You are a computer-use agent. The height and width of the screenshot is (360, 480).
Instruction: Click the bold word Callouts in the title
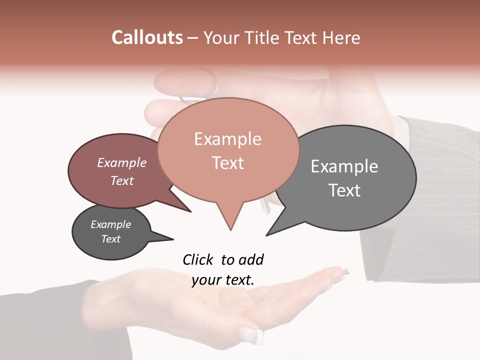(147, 37)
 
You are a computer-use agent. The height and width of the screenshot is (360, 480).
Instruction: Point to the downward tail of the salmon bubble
(229, 220)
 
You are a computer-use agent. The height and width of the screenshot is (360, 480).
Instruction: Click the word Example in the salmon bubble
(227, 139)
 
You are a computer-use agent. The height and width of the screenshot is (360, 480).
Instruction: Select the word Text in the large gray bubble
(344, 190)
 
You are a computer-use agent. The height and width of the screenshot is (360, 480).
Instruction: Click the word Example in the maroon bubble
(122, 162)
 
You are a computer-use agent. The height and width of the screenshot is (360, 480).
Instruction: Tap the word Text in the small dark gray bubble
(111, 239)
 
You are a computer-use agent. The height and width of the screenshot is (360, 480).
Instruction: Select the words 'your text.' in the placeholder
(223, 280)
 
